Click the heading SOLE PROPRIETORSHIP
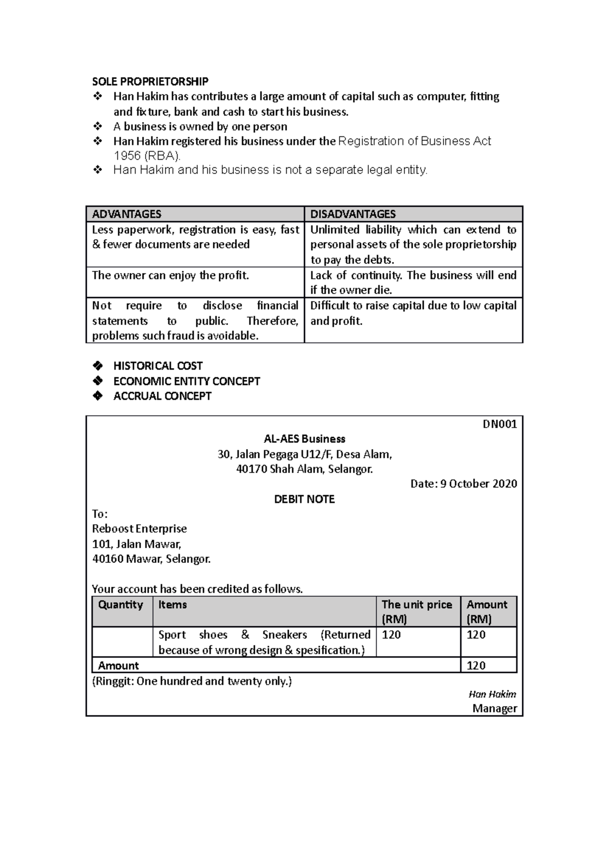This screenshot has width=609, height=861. click(150, 82)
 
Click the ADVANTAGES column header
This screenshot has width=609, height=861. click(127, 214)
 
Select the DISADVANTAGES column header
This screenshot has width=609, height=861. click(353, 214)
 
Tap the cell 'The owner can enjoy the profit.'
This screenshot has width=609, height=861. click(171, 276)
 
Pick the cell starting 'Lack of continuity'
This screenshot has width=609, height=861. click(413, 282)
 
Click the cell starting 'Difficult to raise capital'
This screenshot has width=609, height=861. click(413, 313)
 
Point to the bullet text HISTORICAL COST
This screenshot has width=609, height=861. click(158, 366)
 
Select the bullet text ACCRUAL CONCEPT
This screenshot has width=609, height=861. click(162, 397)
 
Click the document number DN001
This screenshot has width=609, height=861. click(499, 424)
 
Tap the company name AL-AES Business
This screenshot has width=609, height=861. click(304, 439)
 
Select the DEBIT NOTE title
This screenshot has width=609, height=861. click(304, 499)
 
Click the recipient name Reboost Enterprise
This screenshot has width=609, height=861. click(139, 529)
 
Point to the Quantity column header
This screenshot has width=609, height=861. click(121, 605)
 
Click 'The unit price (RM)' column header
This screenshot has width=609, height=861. click(417, 612)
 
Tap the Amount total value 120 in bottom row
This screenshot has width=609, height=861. click(476, 666)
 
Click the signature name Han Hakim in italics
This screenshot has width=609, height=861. click(492, 695)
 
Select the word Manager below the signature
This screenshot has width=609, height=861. click(494, 709)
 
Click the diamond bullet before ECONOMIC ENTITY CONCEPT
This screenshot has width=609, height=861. click(97, 381)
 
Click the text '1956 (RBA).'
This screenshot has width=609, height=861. click(147, 156)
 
